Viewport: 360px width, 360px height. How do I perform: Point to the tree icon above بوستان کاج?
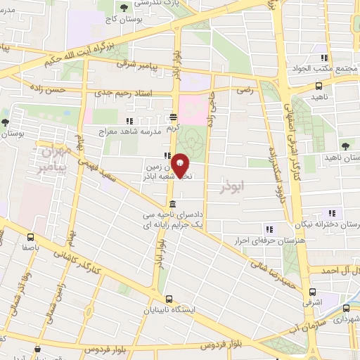pyautogui.click(x=124, y=8)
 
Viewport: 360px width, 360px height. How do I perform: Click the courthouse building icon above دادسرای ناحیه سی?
pyautogui.click(x=172, y=204)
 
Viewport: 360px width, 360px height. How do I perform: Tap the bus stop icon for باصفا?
pyautogui.click(x=30, y=237)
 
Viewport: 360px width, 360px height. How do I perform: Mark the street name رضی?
pyautogui.click(x=246, y=91)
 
